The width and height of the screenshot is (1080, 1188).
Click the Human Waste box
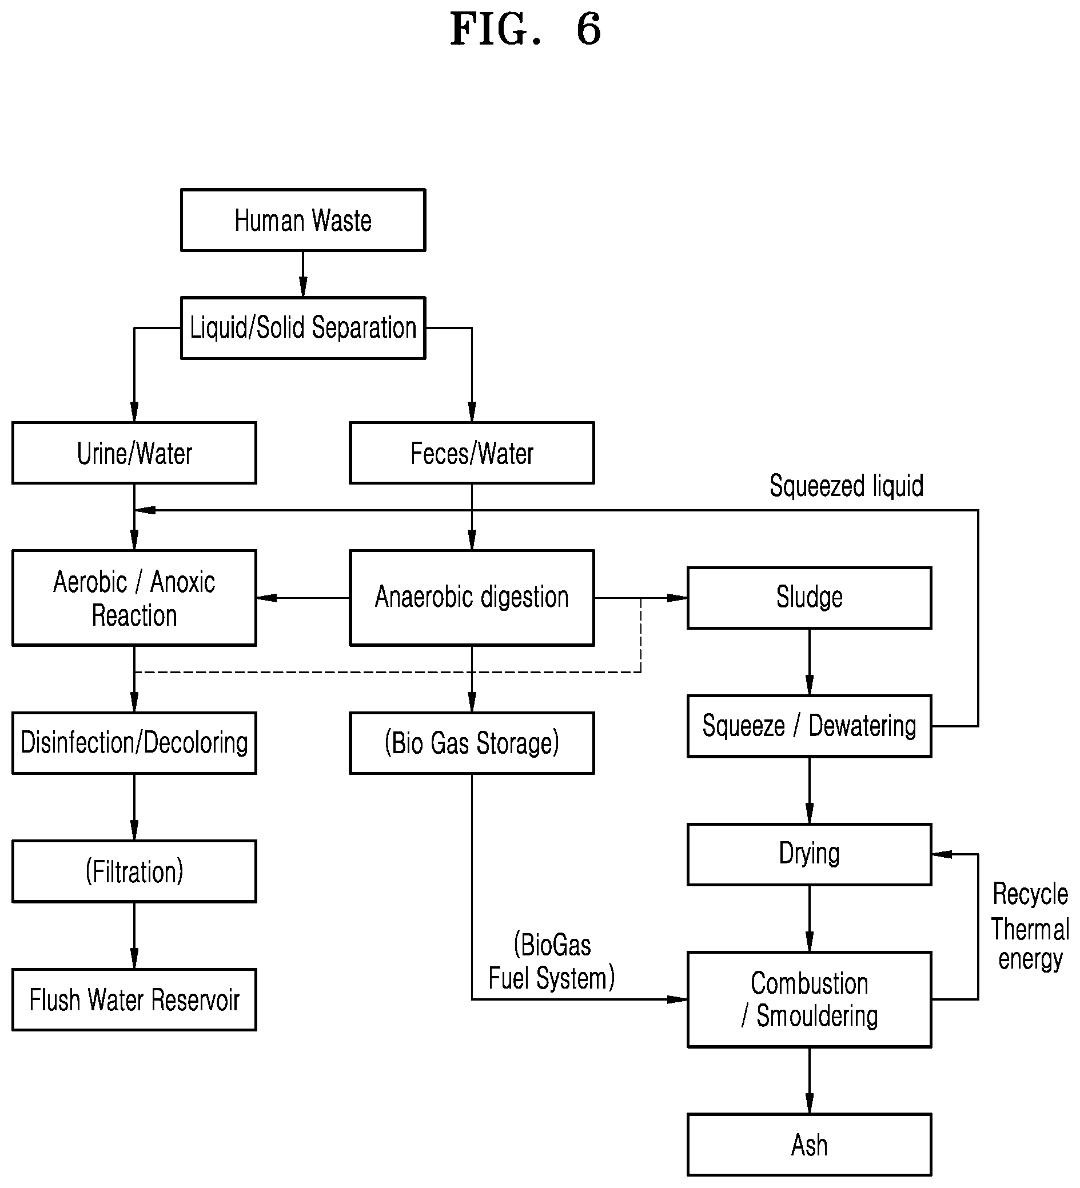point(303,221)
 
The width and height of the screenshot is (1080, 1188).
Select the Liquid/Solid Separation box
point(303,328)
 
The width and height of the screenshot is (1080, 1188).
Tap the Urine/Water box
point(134,453)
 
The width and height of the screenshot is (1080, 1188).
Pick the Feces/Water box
point(472,453)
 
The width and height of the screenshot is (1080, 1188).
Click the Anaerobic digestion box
point(472,598)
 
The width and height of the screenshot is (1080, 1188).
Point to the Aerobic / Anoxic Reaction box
point(134,598)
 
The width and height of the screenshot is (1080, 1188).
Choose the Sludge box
point(810,598)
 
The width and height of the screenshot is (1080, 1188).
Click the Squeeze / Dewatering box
point(810,726)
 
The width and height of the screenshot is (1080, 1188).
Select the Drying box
point(810,854)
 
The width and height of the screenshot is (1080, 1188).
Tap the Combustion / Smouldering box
point(810,999)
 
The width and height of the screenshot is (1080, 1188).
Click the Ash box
point(810,1145)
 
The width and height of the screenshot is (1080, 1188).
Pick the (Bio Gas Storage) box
point(472,743)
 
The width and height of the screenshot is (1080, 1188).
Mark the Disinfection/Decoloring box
point(134,743)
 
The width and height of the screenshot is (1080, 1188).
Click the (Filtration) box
point(134,871)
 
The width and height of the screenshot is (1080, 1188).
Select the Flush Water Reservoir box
point(134,999)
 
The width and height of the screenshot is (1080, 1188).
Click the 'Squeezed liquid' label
point(847,486)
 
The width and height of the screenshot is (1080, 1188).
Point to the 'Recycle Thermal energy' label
point(1030,926)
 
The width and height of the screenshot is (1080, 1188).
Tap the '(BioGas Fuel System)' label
point(552,962)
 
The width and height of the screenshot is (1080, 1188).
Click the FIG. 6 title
point(525,29)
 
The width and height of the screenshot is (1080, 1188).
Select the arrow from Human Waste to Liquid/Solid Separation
point(303,274)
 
